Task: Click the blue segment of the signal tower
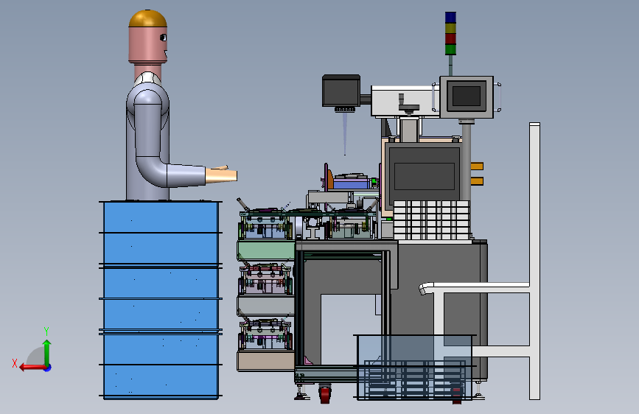pos(450,17)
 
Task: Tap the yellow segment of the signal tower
pos(450,28)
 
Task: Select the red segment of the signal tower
pos(450,39)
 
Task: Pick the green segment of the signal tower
pos(450,49)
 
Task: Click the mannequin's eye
pos(163,38)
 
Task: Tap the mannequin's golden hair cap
pos(147,18)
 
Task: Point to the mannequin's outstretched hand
pos(221,175)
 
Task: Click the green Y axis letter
pos(46,331)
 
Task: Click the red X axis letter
pos(15,363)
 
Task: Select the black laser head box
pos(341,91)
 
